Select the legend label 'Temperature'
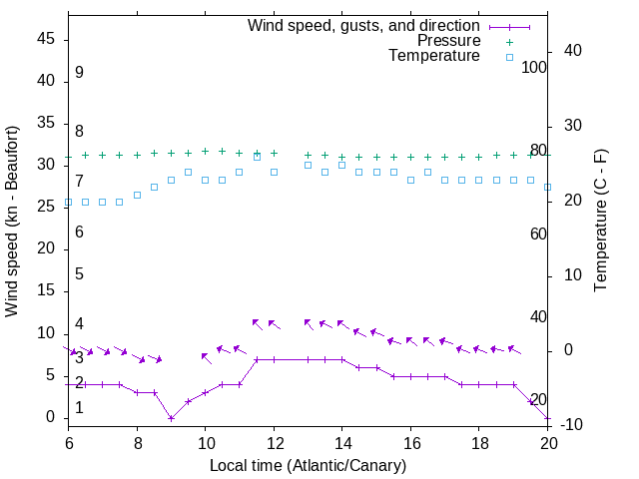point(434,57)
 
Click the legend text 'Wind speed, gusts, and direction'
point(363,25)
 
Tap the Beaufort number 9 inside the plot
point(79,73)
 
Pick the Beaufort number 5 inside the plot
point(79,274)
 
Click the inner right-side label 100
point(534,68)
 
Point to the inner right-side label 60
point(538,234)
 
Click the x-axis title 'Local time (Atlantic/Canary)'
point(308,465)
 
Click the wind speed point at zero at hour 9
point(171,418)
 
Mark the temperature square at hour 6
point(68,203)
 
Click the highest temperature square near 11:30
point(257,157)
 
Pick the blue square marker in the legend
point(508,58)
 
